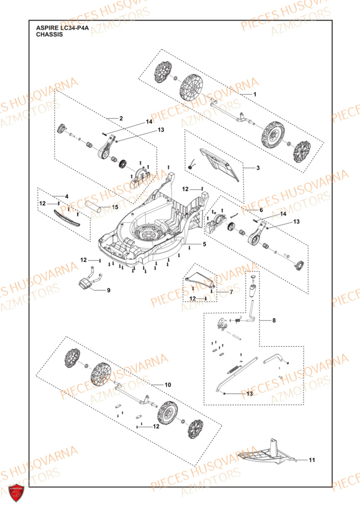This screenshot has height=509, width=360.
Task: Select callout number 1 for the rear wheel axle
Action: pos(256,95)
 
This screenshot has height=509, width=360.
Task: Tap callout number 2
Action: pos(121,118)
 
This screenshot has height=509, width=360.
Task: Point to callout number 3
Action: pos(258,167)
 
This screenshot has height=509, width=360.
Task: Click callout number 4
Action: pos(66,196)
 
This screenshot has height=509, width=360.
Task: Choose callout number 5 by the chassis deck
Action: pos(204,245)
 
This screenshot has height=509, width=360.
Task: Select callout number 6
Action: pos(246,210)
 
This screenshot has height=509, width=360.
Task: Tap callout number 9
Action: pos(108,290)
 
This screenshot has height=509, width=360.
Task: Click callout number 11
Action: pos(312,460)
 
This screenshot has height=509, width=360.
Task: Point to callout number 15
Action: pos(115,207)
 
